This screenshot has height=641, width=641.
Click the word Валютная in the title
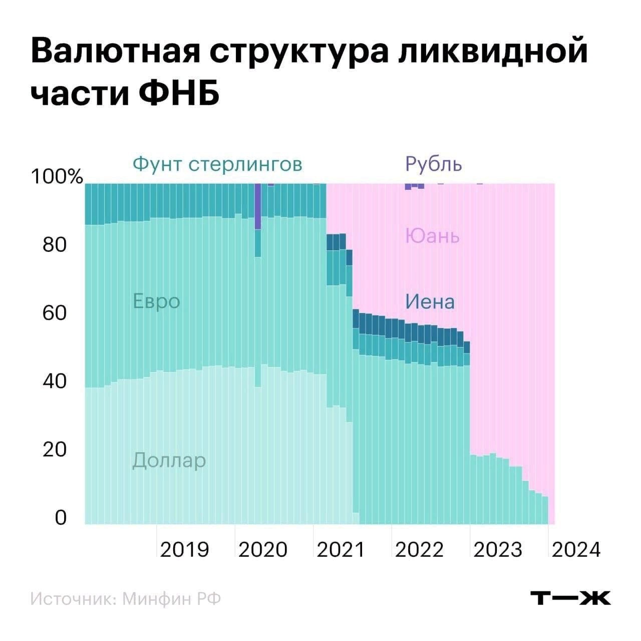115,52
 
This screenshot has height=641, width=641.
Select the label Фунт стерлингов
217,164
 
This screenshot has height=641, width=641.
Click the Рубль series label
434,164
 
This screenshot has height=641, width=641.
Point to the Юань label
432,235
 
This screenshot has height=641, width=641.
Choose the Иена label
430,301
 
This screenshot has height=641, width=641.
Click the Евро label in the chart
156,301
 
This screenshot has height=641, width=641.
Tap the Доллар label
169,460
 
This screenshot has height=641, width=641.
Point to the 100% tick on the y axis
56,176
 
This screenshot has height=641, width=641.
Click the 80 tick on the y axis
55,245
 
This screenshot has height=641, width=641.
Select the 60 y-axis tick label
55,313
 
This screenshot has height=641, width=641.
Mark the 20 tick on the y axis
55,449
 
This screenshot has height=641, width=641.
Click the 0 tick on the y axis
60,517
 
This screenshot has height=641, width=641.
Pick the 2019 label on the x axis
184,549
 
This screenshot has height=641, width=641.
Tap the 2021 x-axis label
341,549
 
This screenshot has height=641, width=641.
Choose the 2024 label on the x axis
575,549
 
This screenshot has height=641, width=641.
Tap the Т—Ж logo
570,597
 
